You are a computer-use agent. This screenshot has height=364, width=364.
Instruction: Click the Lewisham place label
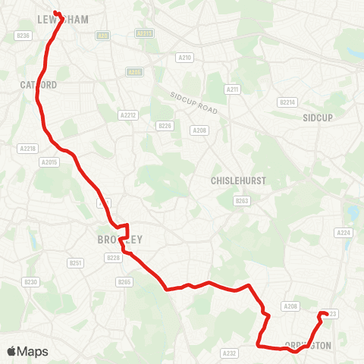[x=62, y=18]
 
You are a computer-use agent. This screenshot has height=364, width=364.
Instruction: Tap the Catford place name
[x=38, y=85]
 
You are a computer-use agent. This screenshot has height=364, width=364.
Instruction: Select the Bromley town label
[x=120, y=240]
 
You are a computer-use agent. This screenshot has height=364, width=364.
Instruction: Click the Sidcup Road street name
[x=193, y=105]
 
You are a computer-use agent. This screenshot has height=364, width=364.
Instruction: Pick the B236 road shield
[x=24, y=36]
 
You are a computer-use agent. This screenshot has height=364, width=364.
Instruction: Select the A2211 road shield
[x=143, y=33]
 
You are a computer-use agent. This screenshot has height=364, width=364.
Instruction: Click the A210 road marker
[x=186, y=56]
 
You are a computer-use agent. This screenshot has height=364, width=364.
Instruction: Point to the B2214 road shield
[x=287, y=102]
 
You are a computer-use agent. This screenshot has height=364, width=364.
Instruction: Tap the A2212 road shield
[x=127, y=115]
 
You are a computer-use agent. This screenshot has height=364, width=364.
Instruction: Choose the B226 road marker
[x=165, y=126]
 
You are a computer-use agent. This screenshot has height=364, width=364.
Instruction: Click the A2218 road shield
[x=27, y=148]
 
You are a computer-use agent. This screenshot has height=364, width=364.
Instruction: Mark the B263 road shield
[x=242, y=200]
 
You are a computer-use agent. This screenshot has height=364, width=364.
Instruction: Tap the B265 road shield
[x=124, y=281]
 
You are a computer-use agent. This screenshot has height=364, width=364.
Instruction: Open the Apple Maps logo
[x=27, y=351]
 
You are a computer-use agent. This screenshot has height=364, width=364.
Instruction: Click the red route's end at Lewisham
[x=55, y=12]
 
